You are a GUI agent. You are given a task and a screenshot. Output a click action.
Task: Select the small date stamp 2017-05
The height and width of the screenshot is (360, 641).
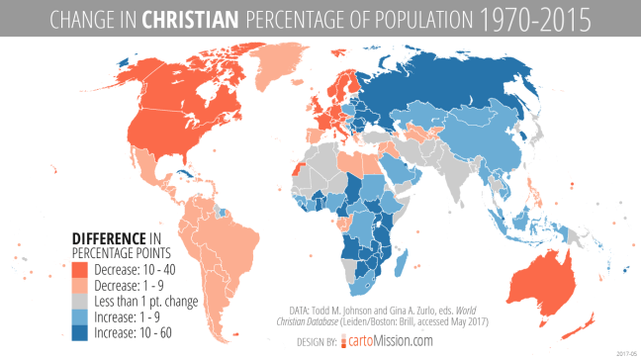pos(625,353)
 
